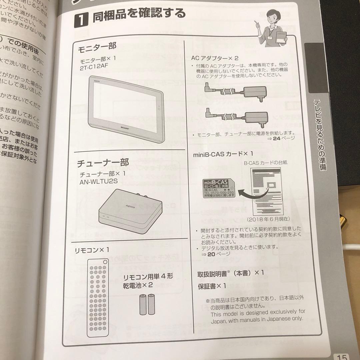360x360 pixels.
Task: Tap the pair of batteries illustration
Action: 147,304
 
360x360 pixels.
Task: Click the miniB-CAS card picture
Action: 219,188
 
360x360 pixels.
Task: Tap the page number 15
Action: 343,356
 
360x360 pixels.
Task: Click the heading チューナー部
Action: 103,163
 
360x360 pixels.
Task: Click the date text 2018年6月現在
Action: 268,219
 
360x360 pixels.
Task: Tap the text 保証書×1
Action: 212,286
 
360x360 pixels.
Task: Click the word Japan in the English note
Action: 219,319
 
